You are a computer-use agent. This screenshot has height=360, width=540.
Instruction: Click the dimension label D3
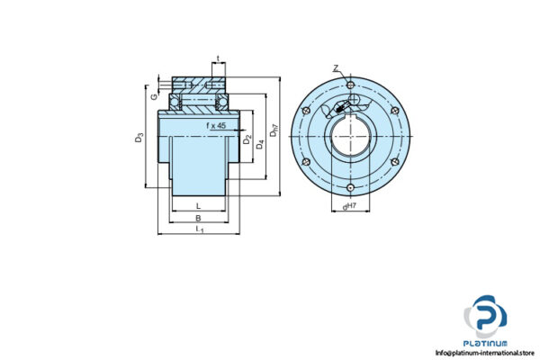point(139,139)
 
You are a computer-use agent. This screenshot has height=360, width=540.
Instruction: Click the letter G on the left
point(155,94)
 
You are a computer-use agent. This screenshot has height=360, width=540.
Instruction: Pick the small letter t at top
point(218,59)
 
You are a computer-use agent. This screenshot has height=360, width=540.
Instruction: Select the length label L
point(197,205)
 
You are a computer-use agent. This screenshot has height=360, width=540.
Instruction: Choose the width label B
point(197,218)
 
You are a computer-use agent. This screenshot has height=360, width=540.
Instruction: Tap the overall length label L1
point(198,231)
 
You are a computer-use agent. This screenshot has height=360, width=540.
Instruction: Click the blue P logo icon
point(486,319)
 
